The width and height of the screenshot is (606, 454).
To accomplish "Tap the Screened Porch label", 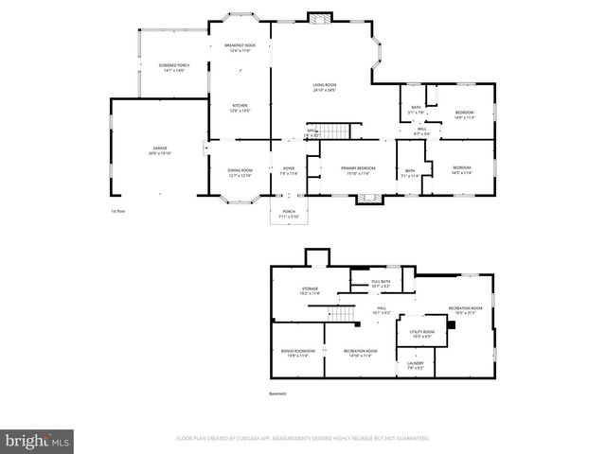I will pyautogui.click(x=173, y=68).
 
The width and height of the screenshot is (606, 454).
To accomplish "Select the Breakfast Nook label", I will pyautogui.click(x=240, y=48).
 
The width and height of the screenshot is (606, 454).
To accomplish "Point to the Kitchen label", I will pyautogui.click(x=240, y=108).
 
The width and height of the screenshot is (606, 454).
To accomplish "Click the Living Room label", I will pyautogui.click(x=325, y=88).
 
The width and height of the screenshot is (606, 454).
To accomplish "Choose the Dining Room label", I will pyautogui.click(x=240, y=172).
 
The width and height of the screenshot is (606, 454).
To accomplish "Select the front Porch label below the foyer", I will pyautogui.click(x=288, y=215).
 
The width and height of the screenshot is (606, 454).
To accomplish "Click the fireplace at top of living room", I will pyautogui.click(x=320, y=17).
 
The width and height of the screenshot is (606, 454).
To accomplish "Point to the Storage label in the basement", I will pyautogui.click(x=310, y=291).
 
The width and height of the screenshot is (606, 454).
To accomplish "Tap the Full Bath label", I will pyautogui.click(x=381, y=283).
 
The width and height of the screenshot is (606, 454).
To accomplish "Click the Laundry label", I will pyautogui.click(x=416, y=364).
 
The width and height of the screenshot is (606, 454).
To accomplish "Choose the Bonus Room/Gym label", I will pyautogui.click(x=296, y=353).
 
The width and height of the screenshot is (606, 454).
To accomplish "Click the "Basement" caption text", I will pyautogui.click(x=277, y=393).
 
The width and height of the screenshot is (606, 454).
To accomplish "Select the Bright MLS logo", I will pyautogui.click(x=38, y=441).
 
